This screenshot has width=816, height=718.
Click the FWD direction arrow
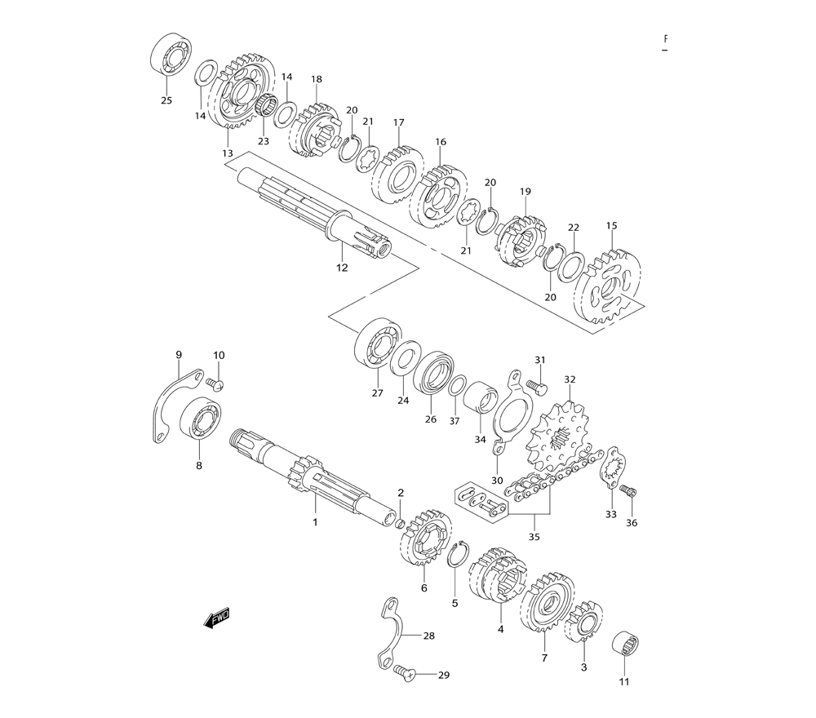(216, 618)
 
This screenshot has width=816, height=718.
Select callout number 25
(166, 100)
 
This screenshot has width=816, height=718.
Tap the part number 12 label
(342, 268)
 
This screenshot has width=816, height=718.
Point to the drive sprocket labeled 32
(557, 437)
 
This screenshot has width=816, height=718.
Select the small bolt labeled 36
(628, 491)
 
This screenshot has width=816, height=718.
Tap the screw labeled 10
(215, 384)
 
